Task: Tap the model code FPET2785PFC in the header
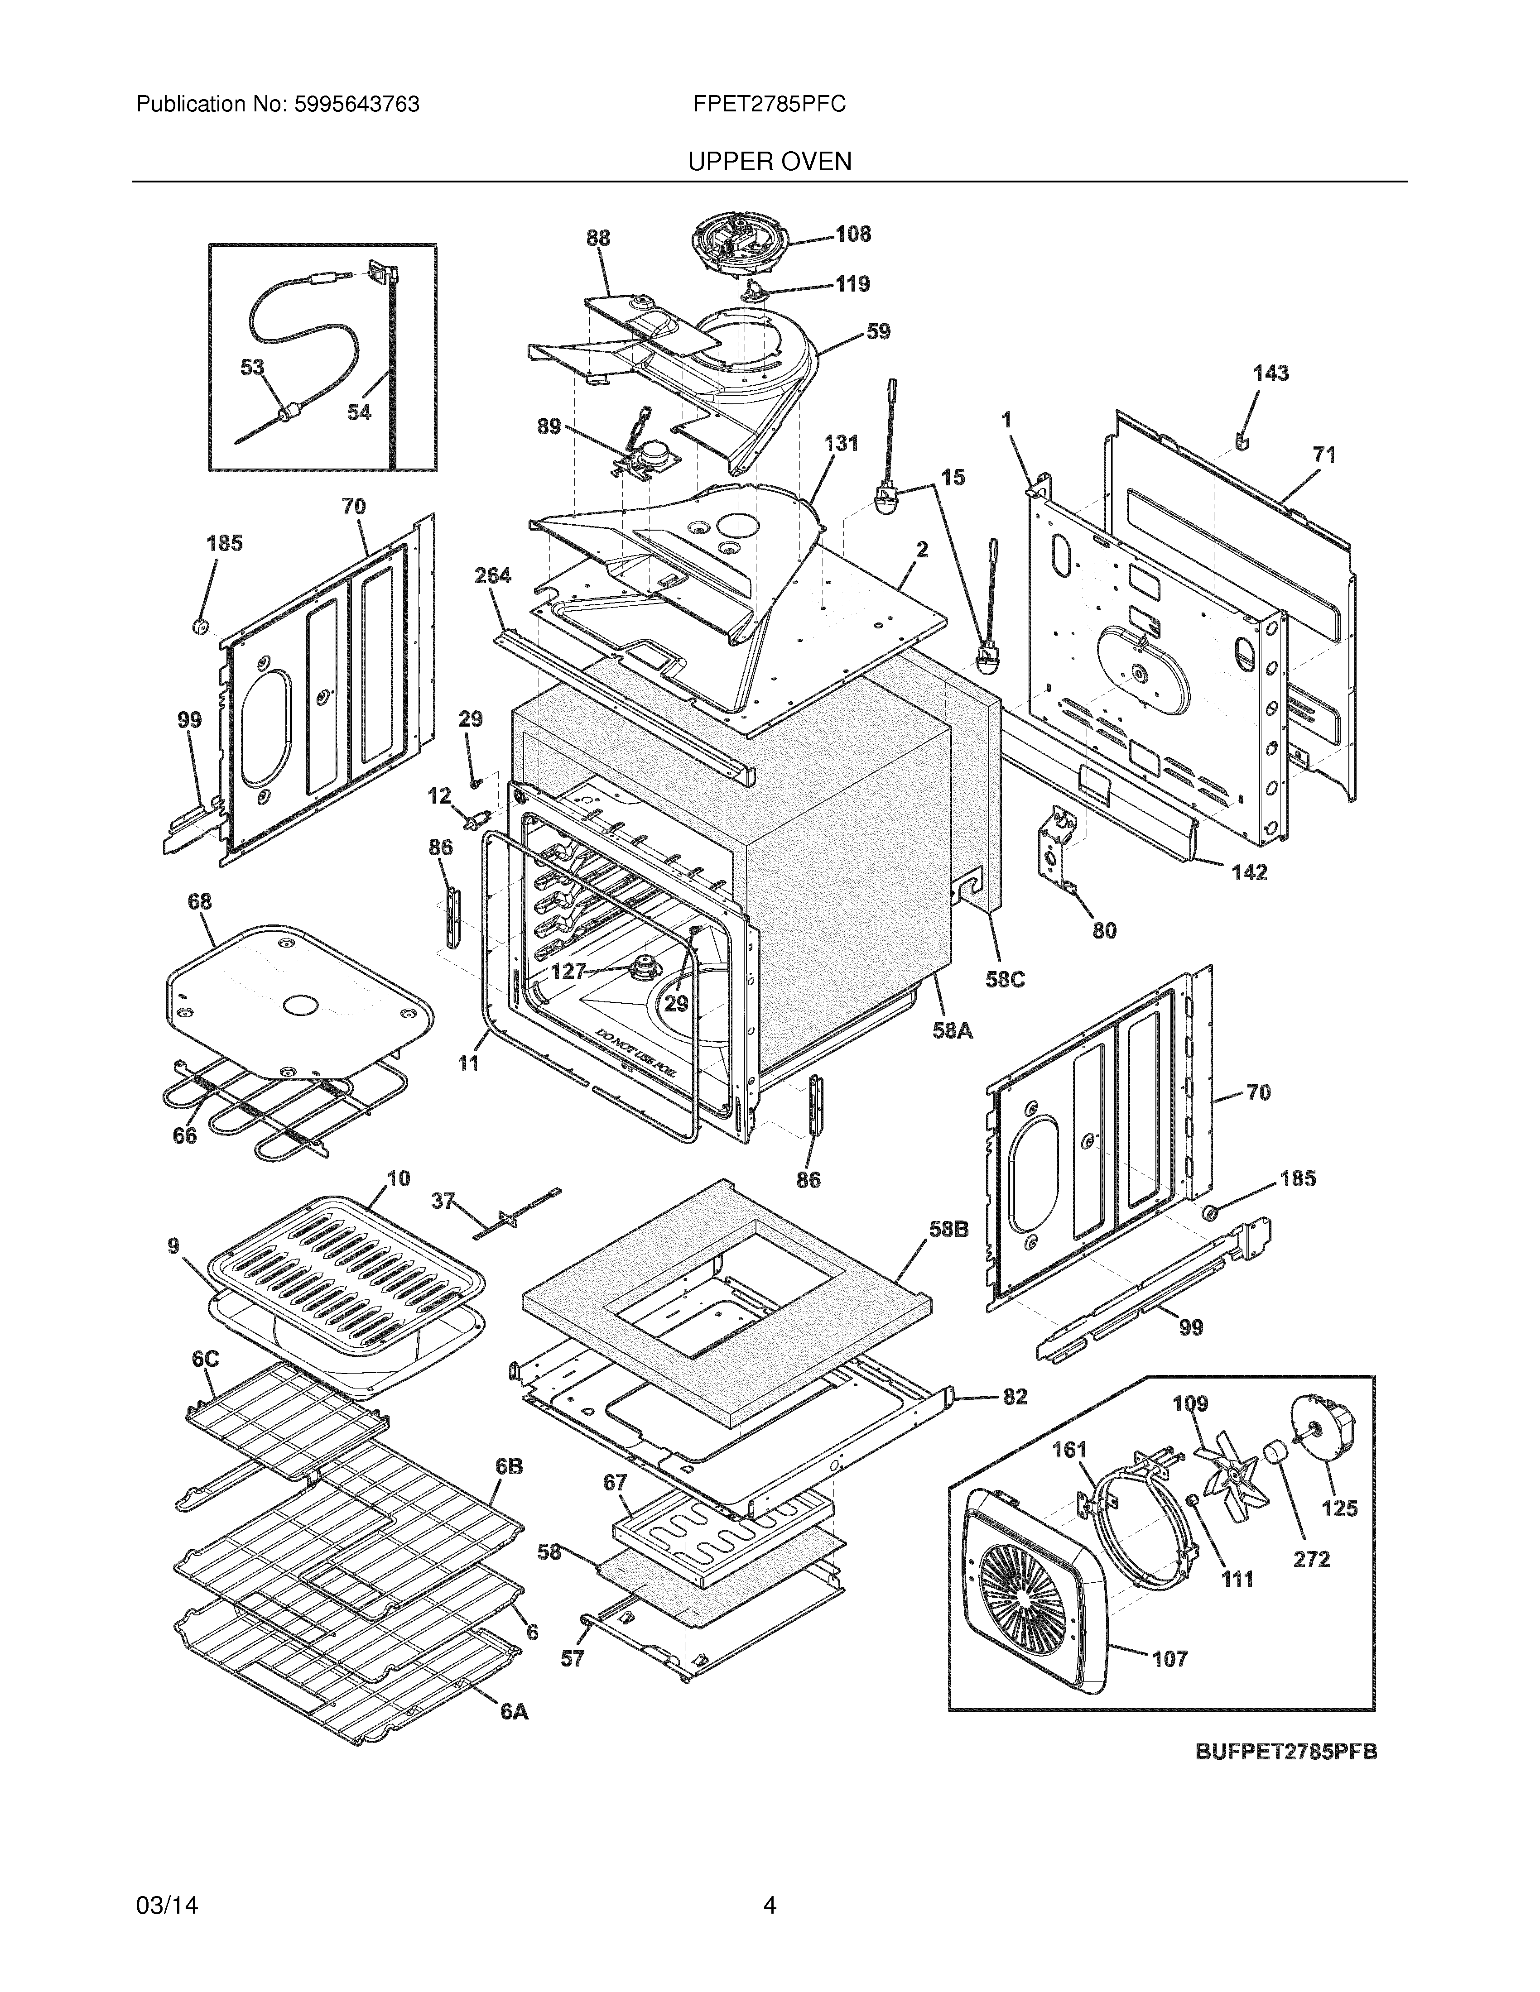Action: tap(769, 105)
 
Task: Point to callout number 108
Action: tap(853, 235)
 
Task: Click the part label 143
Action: tap(1271, 373)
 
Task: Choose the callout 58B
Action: tap(949, 1230)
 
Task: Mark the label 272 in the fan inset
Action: tap(1311, 1559)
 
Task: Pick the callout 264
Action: tap(493, 575)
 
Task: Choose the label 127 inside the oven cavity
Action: tap(568, 972)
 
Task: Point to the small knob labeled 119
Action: tap(756, 290)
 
